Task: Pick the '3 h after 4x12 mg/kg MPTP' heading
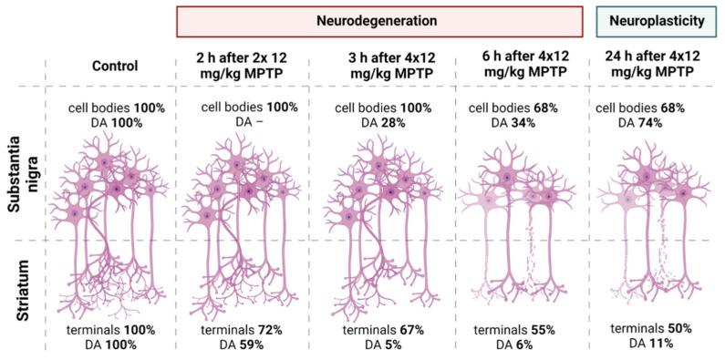point(375,67)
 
